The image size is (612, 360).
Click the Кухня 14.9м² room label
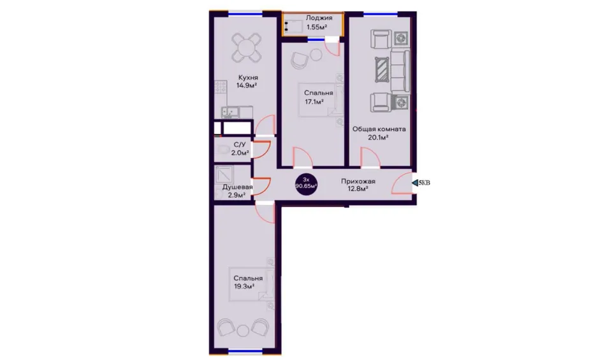247,82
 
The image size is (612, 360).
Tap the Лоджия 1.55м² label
318,22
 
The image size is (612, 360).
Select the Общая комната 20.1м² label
379,133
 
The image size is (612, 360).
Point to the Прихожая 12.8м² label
358,185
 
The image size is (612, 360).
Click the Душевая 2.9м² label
237,191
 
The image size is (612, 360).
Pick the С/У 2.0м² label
240,148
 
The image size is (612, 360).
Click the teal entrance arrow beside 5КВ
414,182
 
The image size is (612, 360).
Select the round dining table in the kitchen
246,48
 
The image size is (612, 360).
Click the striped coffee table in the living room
382,70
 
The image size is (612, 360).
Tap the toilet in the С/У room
222,150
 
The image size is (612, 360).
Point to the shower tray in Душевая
224,175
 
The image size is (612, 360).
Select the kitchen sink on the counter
230,112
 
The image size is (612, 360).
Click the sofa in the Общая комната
400,70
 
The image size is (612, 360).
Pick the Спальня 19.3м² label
248,282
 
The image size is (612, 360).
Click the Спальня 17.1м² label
318,97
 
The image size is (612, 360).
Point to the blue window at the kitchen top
245,15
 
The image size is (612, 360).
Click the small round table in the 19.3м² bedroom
243,331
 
